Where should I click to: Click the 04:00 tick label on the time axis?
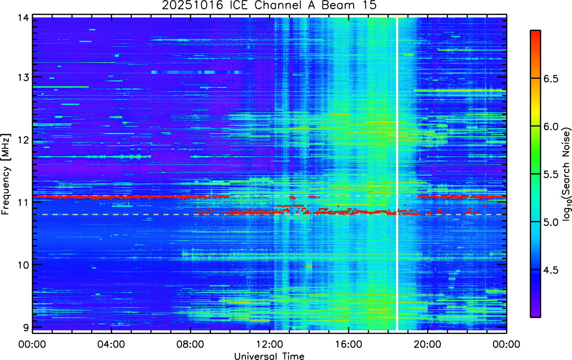111,345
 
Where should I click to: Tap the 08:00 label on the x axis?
190,345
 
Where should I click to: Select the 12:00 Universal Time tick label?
269,345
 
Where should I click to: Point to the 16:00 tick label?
349,345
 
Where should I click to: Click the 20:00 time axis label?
427,345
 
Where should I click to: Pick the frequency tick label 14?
24,18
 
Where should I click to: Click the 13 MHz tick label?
24,77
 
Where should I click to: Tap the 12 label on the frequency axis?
24,140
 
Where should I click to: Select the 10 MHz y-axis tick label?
24,265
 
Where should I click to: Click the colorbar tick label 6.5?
551,79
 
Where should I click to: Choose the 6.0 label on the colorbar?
551,126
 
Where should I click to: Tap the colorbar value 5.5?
551,175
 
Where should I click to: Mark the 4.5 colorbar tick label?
551,270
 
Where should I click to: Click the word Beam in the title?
338,5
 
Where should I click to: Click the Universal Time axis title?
269,356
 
